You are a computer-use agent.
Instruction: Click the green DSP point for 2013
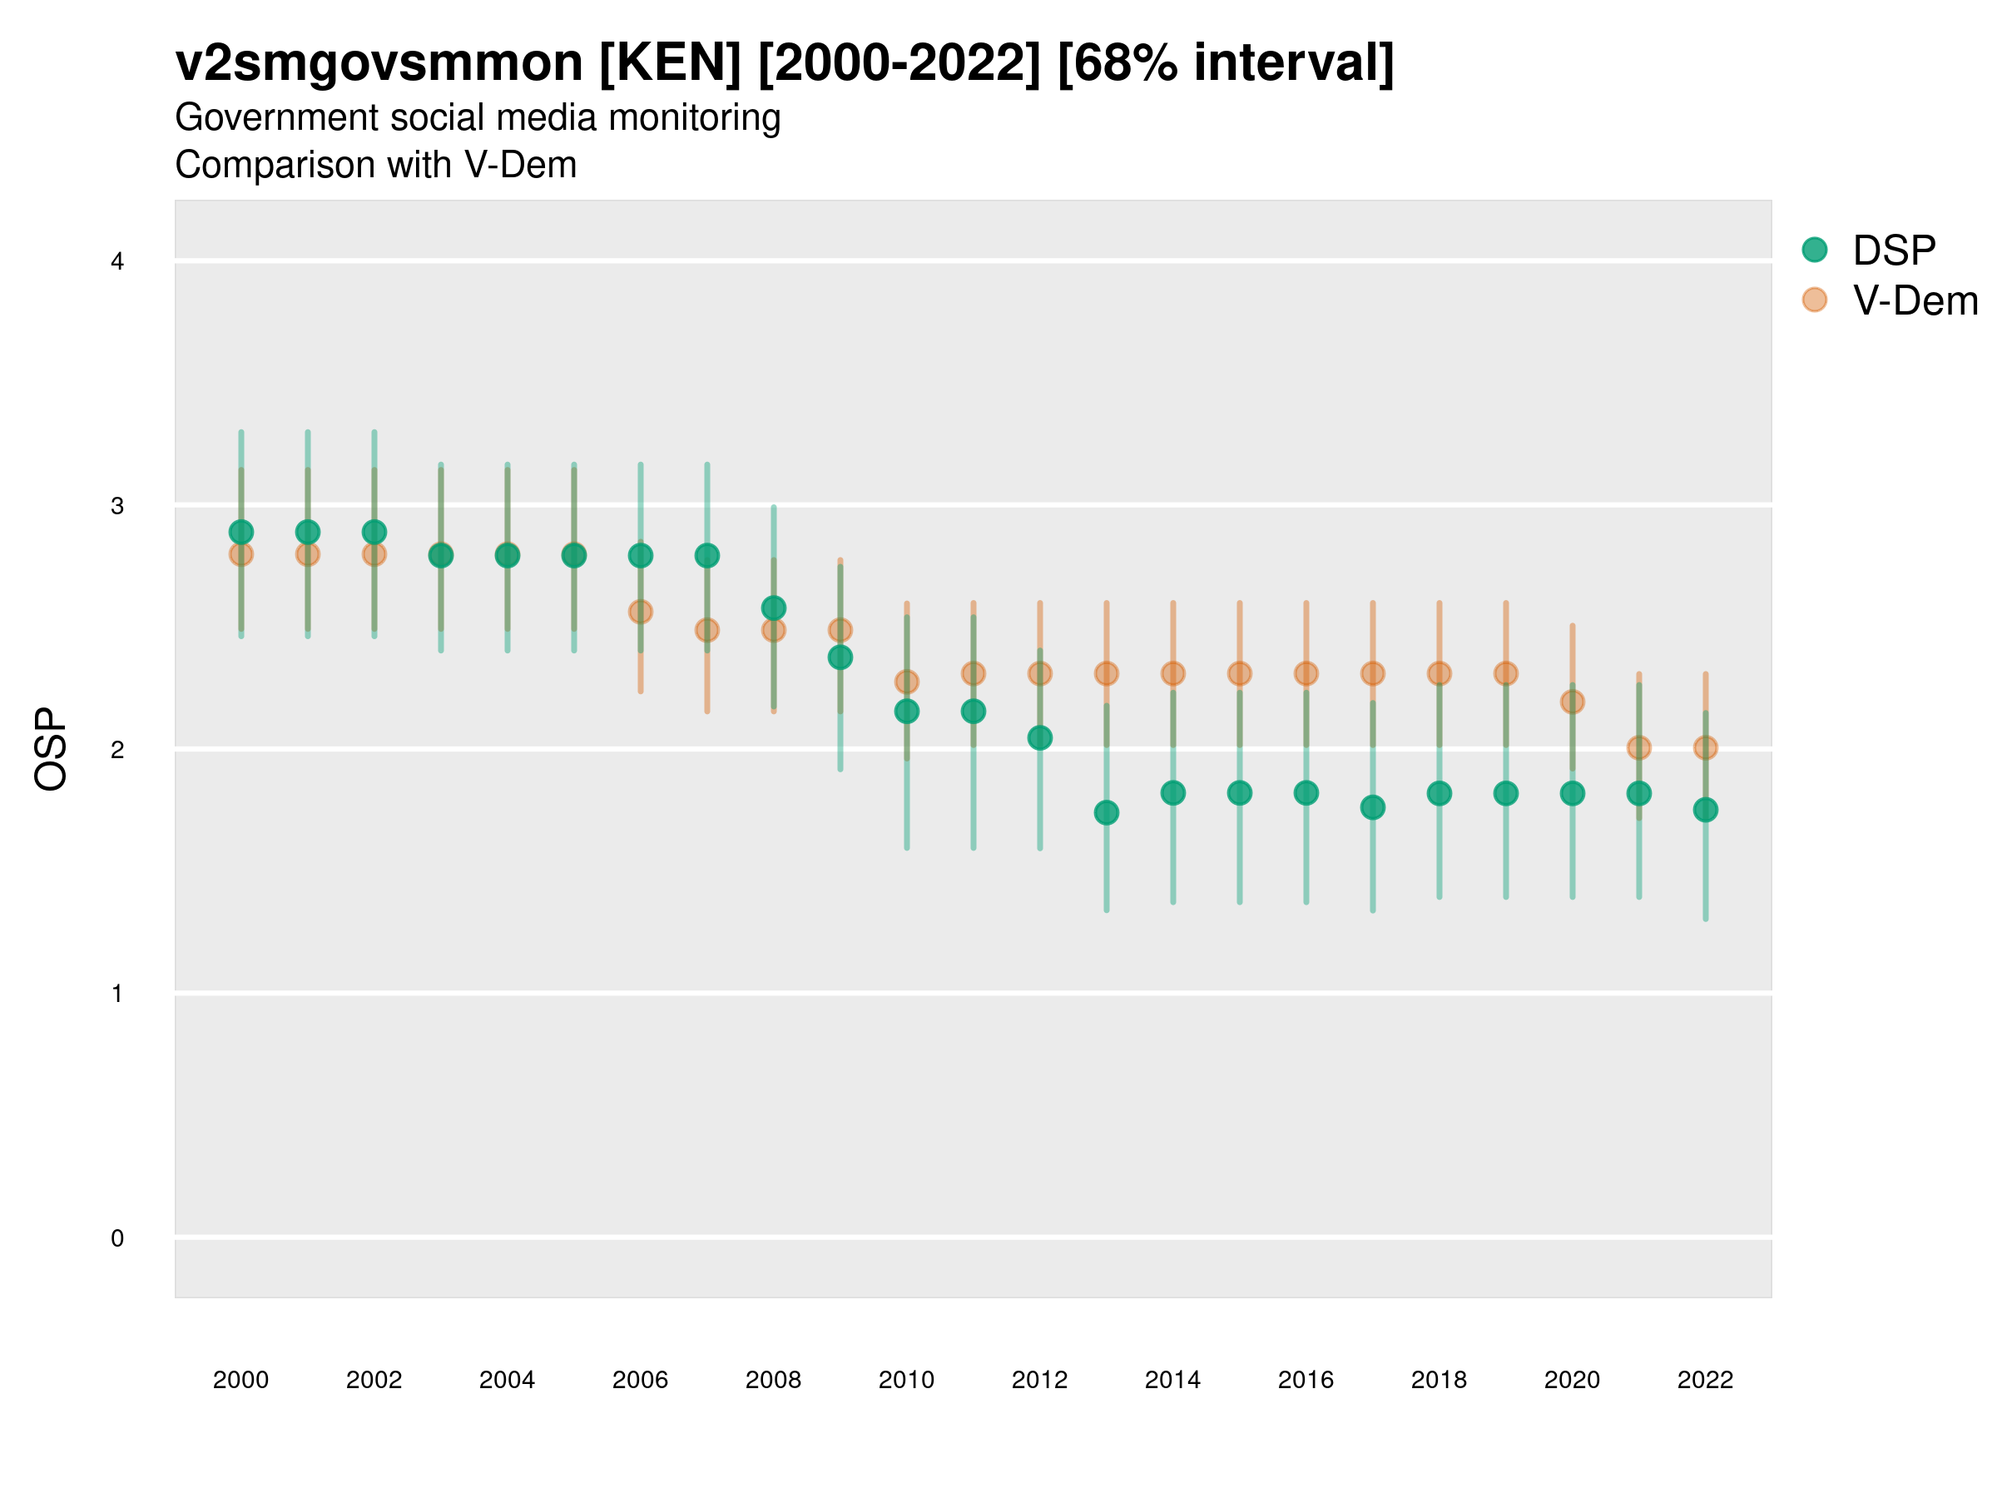(1106, 812)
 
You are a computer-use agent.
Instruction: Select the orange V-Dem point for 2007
(707, 629)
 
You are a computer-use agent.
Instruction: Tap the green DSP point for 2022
(1706, 810)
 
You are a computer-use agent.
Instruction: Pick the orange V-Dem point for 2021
(1638, 747)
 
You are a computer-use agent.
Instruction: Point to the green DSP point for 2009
(840, 657)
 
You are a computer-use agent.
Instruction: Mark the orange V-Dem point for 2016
(1306, 673)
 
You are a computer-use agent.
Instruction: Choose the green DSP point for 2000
(241, 532)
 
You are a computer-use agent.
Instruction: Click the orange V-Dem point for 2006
(640, 612)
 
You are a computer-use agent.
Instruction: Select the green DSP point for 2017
(1372, 807)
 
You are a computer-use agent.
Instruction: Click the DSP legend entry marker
(1814, 250)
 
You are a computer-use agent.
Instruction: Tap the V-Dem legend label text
(1915, 300)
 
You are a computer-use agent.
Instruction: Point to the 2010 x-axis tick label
(906, 1380)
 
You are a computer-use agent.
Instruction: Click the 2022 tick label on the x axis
(1706, 1380)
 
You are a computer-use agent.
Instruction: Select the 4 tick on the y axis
(117, 262)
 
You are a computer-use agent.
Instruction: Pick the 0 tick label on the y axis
(117, 1238)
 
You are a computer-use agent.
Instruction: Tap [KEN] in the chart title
(670, 63)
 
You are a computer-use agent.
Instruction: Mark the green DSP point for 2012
(1040, 737)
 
